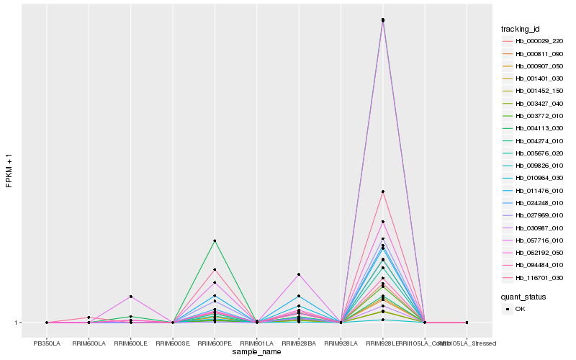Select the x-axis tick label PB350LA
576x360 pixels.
point(47,343)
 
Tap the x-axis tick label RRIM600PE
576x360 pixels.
point(215,343)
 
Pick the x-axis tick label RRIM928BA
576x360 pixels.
point(299,343)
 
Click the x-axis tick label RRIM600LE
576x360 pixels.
point(130,343)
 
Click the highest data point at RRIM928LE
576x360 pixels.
point(383,19)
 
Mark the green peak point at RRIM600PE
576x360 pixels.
point(215,240)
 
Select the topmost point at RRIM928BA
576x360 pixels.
point(299,274)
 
